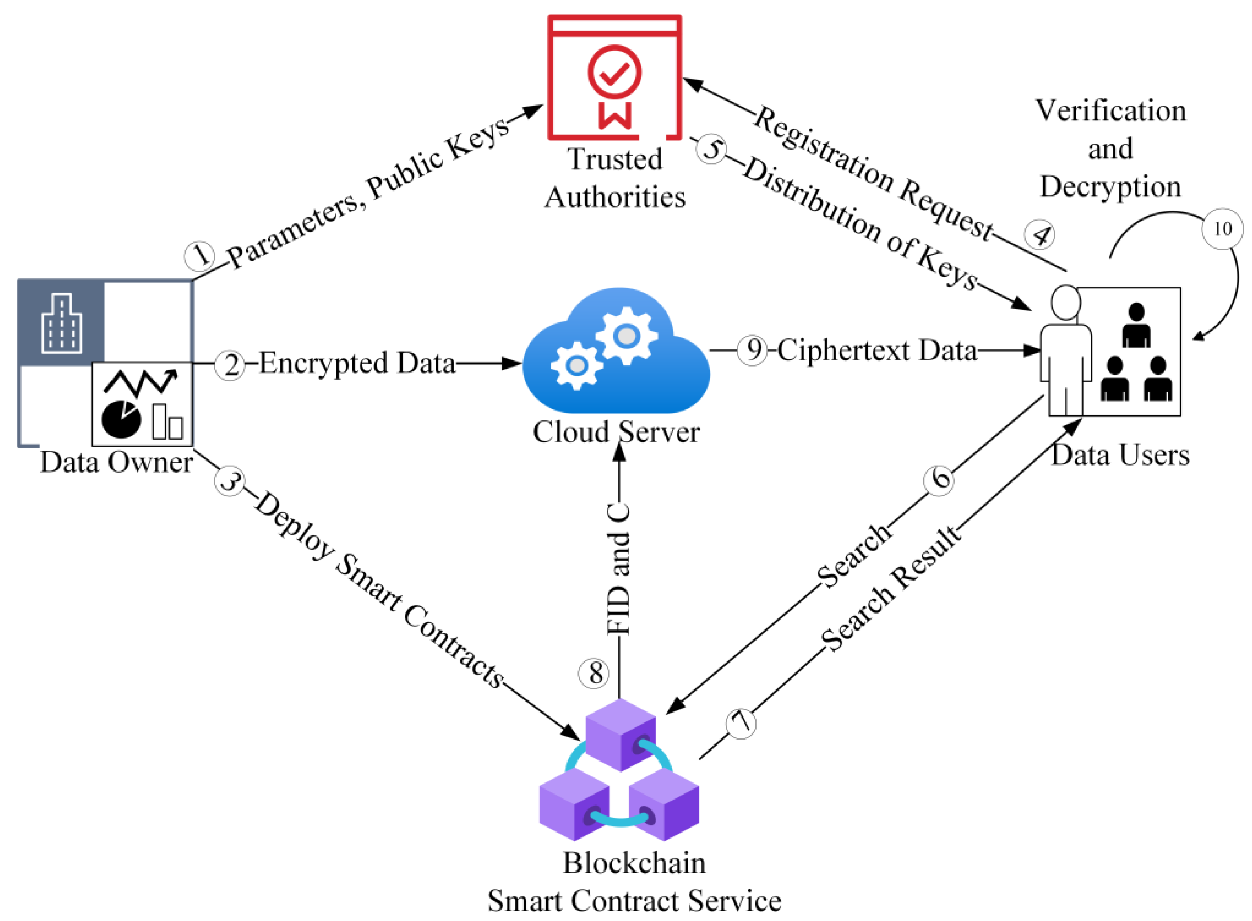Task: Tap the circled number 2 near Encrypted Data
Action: [230, 365]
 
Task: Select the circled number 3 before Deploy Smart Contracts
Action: [229, 481]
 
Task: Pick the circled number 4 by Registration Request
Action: [1040, 235]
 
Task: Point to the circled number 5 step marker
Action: [711, 149]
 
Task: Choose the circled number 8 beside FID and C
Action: [593, 673]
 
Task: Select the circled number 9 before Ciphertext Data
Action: [752, 350]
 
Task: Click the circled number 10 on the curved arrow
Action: [1222, 229]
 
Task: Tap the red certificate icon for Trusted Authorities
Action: [614, 78]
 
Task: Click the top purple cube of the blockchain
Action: [620, 735]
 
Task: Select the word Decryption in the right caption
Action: [1110, 187]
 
